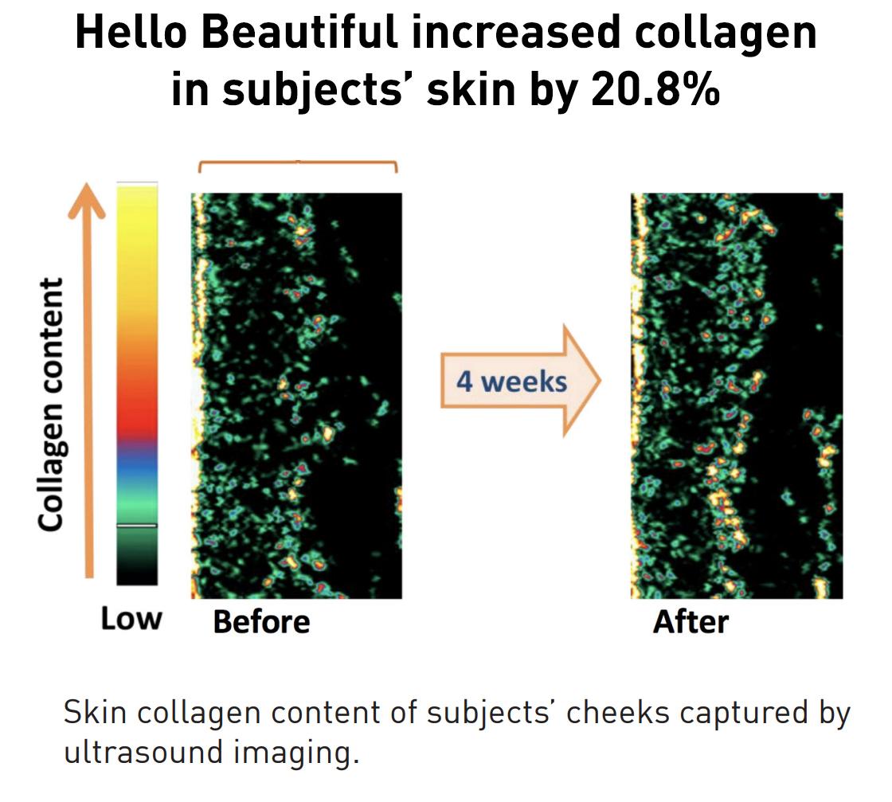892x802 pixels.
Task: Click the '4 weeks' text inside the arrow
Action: click(x=511, y=381)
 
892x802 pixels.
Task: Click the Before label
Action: click(x=261, y=622)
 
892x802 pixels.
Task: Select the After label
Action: click(x=691, y=622)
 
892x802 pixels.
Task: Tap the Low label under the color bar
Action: click(x=131, y=619)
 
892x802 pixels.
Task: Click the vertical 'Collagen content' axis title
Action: click(x=52, y=405)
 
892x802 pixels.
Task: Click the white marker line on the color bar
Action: click(x=137, y=526)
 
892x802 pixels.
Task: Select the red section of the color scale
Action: click(x=137, y=414)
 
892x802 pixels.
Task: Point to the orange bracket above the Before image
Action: click(x=297, y=163)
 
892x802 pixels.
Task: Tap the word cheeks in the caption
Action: click(x=618, y=713)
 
